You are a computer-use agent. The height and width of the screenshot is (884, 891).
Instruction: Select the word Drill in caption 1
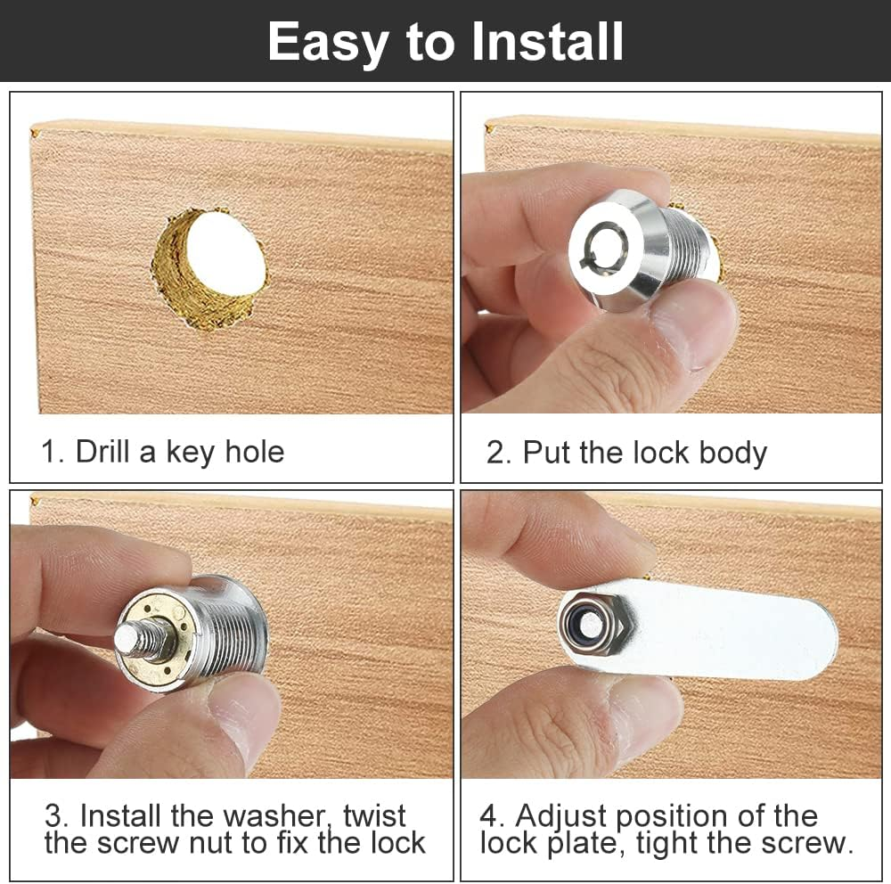pyautogui.click(x=102, y=451)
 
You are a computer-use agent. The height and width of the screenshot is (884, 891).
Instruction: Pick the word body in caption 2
pyautogui.click(x=732, y=453)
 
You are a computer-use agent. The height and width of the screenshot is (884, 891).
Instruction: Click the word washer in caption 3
pyautogui.click(x=278, y=815)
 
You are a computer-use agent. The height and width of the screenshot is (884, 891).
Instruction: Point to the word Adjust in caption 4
pyautogui.click(x=563, y=815)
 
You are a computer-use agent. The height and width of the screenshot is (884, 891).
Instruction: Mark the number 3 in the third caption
pyautogui.click(x=53, y=815)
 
